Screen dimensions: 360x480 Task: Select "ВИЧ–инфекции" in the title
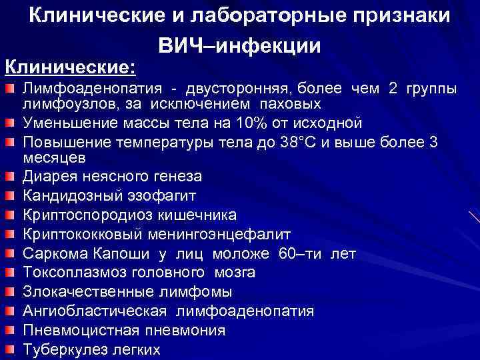click(x=240, y=45)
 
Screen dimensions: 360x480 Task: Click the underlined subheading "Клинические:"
click(x=70, y=67)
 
